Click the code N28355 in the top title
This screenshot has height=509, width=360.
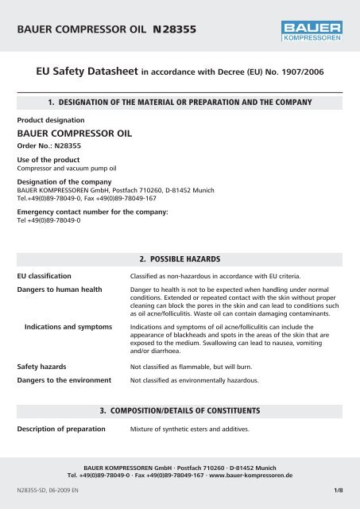pyautogui.click(x=168, y=30)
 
